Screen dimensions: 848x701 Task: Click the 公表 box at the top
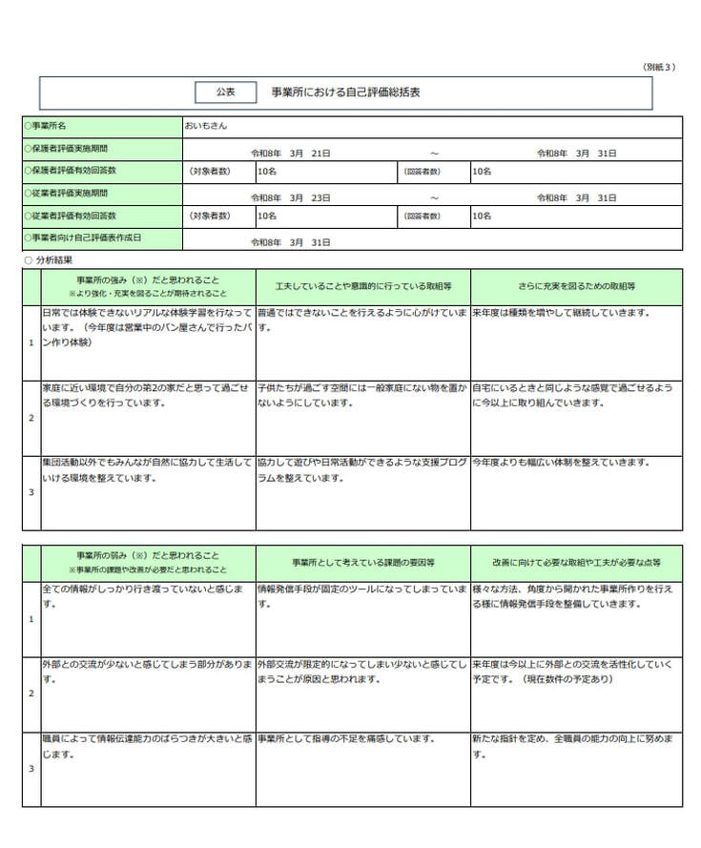(x=225, y=93)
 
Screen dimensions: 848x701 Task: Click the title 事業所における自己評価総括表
(x=345, y=93)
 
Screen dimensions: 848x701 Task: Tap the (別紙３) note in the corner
(x=658, y=67)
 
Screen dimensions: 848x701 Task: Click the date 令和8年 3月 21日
(x=290, y=153)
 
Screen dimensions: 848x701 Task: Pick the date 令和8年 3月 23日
(x=290, y=197)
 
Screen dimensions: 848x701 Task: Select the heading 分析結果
(x=52, y=259)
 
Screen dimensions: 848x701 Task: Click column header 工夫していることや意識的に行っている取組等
(x=362, y=286)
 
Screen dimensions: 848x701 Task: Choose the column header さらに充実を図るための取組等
(x=576, y=286)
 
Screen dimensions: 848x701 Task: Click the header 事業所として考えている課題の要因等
(x=362, y=563)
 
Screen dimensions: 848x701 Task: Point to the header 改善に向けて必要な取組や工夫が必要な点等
(x=576, y=563)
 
